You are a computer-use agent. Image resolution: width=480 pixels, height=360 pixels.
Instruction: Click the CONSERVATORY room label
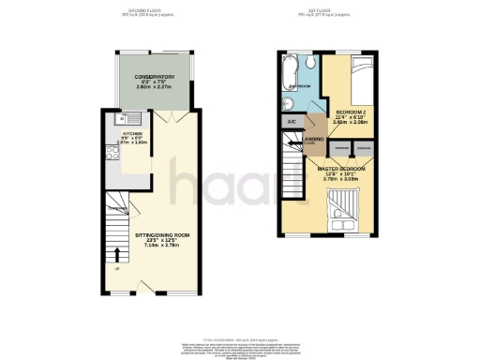[155, 76]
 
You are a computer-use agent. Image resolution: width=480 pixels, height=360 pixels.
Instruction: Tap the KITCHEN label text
[132, 134]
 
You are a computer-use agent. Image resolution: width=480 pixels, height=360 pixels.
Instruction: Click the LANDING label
[311, 140]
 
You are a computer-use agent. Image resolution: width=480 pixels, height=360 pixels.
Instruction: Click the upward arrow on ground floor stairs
[117, 254]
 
